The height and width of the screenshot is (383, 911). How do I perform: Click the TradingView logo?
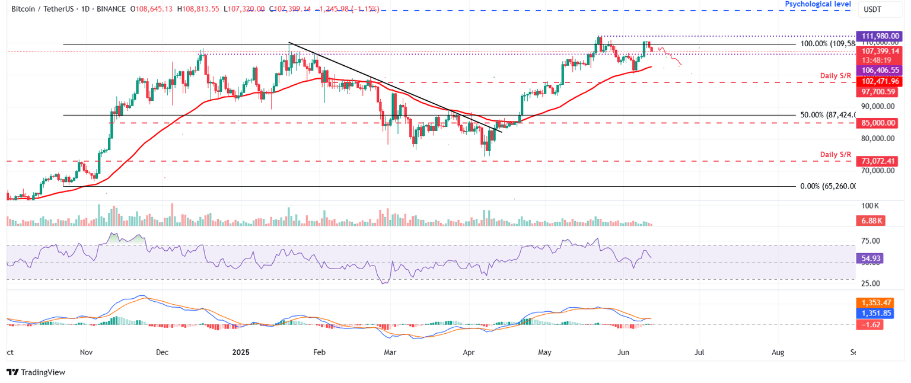pyautogui.click(x=36, y=372)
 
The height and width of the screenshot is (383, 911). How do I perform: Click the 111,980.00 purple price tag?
pyautogui.click(x=878, y=36)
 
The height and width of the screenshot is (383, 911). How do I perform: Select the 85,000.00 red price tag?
pyautogui.click(x=878, y=123)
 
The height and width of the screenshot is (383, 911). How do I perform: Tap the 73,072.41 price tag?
pyautogui.click(x=878, y=161)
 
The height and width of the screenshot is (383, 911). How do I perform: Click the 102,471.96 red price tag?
pyautogui.click(x=878, y=81)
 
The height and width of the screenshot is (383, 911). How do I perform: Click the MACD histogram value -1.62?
pyautogui.click(x=871, y=324)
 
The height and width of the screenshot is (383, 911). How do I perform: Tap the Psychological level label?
pyautogui.click(x=818, y=4)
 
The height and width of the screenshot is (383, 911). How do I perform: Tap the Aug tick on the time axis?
pyautogui.click(x=778, y=352)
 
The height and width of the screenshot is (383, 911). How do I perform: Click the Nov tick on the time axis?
pyautogui.click(x=86, y=352)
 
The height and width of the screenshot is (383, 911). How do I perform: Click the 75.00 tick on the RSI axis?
pyautogui.click(x=871, y=241)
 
